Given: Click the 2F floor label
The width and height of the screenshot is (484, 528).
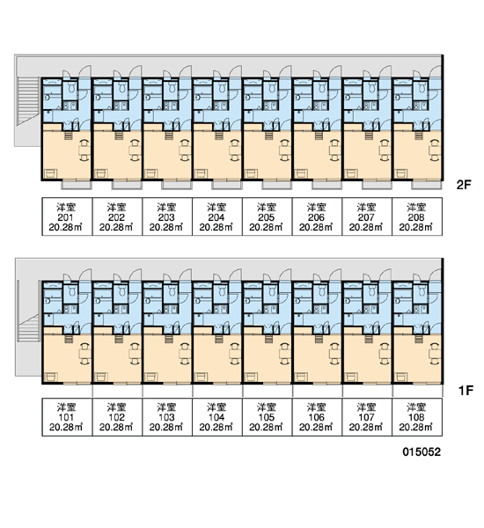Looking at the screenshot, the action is click(464, 185).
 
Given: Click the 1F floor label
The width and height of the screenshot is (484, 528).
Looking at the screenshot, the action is click(466, 391).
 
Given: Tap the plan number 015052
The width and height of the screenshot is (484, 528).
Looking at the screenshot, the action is click(422, 452).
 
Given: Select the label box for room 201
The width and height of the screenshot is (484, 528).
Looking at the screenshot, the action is click(67, 216).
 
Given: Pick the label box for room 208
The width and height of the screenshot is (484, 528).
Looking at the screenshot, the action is click(417, 216).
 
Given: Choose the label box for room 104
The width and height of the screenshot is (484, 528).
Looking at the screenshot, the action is click(216, 417).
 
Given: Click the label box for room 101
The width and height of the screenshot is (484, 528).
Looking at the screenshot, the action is click(67, 417).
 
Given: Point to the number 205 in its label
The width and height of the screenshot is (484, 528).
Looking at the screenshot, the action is click(267, 217).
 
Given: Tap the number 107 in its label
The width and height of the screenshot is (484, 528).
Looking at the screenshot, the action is click(366, 417).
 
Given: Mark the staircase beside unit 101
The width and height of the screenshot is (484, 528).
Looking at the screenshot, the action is click(30, 328).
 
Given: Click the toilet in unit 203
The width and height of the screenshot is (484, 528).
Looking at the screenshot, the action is click(172, 88).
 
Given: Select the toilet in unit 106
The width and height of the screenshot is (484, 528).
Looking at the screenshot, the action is click(322, 291).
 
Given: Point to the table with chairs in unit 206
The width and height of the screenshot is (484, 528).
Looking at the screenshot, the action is click(334, 150).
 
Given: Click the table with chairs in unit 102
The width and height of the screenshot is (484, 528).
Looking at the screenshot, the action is click(134, 354).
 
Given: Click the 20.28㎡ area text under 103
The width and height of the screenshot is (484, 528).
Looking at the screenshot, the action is click(166, 428).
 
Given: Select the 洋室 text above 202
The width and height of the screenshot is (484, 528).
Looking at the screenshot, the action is click(117, 207).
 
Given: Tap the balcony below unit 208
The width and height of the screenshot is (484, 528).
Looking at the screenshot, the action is click(426, 185).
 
